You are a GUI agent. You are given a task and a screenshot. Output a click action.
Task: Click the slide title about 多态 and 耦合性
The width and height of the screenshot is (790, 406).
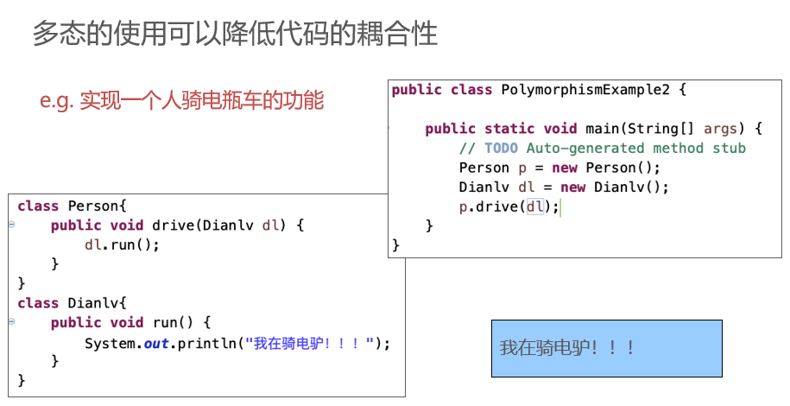coord(235,35)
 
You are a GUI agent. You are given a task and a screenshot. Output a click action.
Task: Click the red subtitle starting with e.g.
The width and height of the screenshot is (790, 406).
coord(181,100)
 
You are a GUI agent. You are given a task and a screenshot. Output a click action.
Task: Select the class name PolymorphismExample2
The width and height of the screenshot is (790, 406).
coord(585,91)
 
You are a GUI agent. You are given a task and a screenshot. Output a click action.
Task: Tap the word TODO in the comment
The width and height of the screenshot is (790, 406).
coord(501,148)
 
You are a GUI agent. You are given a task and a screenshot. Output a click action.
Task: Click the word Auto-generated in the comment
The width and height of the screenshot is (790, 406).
coord(585,149)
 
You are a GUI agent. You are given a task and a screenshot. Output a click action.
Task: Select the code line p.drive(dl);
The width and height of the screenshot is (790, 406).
coord(509,206)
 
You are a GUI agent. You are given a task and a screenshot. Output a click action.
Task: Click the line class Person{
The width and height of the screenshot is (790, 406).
coord(72,206)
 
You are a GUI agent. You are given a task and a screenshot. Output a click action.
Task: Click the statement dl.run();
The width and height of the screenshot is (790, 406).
coord(122,244)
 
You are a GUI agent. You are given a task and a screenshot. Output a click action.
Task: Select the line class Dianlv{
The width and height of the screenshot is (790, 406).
coord(72,303)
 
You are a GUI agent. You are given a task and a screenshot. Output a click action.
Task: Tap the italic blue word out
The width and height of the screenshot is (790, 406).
coord(156,344)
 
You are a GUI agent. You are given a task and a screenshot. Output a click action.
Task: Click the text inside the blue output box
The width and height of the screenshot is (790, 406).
coord(566,348)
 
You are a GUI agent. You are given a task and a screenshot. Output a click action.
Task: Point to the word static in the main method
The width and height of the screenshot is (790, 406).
coord(509,129)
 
